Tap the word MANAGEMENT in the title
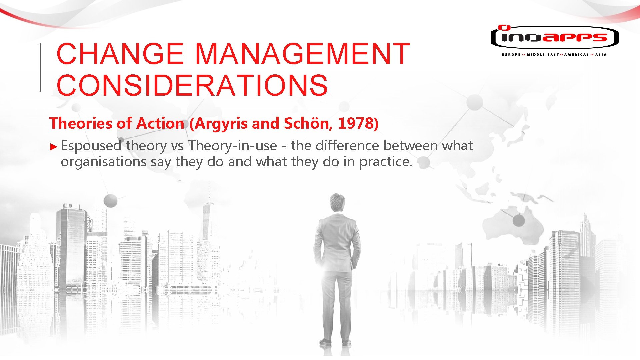point(302,54)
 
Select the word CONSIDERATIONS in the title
point(192,85)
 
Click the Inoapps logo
point(554,38)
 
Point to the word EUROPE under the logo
point(511,55)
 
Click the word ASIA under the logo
point(601,55)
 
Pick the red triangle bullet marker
point(54,147)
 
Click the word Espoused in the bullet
point(91,146)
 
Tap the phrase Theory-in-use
point(233,146)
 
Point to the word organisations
point(103,162)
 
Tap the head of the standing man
point(337,202)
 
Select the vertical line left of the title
point(40,67)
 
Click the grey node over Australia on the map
point(518,220)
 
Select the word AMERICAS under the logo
point(576,55)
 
